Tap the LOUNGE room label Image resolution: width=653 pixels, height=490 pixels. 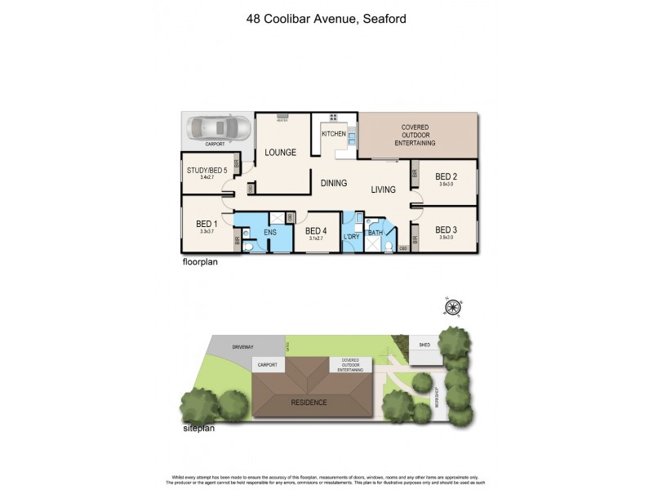(278, 152)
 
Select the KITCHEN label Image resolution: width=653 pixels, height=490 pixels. (333, 133)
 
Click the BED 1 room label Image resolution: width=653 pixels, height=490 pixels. (206, 224)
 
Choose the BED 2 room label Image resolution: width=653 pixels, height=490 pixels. (445, 176)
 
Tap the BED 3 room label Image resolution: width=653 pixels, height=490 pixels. (446, 229)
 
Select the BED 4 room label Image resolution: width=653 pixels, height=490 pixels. (316, 231)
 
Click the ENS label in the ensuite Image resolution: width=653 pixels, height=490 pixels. (270, 232)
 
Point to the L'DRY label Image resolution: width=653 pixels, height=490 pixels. (352, 237)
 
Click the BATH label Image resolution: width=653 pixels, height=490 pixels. (375, 233)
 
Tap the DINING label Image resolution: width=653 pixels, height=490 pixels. (333, 183)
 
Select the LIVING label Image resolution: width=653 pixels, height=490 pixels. (383, 189)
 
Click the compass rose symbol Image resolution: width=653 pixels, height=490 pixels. (451, 307)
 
